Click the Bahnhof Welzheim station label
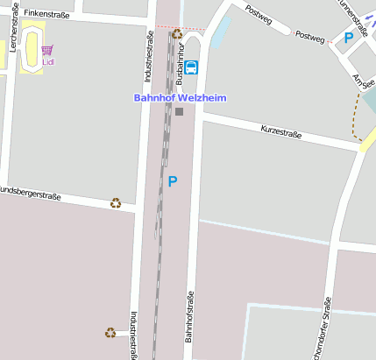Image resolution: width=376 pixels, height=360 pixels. click(180, 98)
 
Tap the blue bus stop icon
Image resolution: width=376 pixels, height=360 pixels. click(191, 67)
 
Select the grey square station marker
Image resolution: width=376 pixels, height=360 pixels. click(180, 111)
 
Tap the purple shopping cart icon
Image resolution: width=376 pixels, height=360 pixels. click(46, 51)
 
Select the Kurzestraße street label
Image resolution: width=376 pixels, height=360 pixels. click(281, 132)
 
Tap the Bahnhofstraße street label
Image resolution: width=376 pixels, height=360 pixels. click(188, 316)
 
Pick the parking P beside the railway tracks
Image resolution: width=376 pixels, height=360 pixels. click(173, 181)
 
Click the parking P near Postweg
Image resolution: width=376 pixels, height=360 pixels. click(349, 38)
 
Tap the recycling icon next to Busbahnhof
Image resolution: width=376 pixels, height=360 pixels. click(177, 34)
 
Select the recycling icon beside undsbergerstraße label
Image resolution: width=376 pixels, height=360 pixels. click(115, 203)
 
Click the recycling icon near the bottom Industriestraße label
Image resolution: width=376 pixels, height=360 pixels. click(110, 333)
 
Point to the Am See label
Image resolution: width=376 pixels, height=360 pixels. click(362, 84)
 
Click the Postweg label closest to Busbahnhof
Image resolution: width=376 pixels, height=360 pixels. click(259, 13)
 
